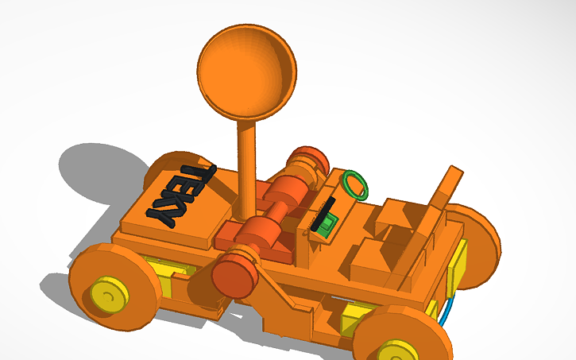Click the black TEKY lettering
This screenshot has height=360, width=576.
(x=181, y=195)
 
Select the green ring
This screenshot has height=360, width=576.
(x=356, y=184)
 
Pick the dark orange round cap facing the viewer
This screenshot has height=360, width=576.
(x=234, y=275)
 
